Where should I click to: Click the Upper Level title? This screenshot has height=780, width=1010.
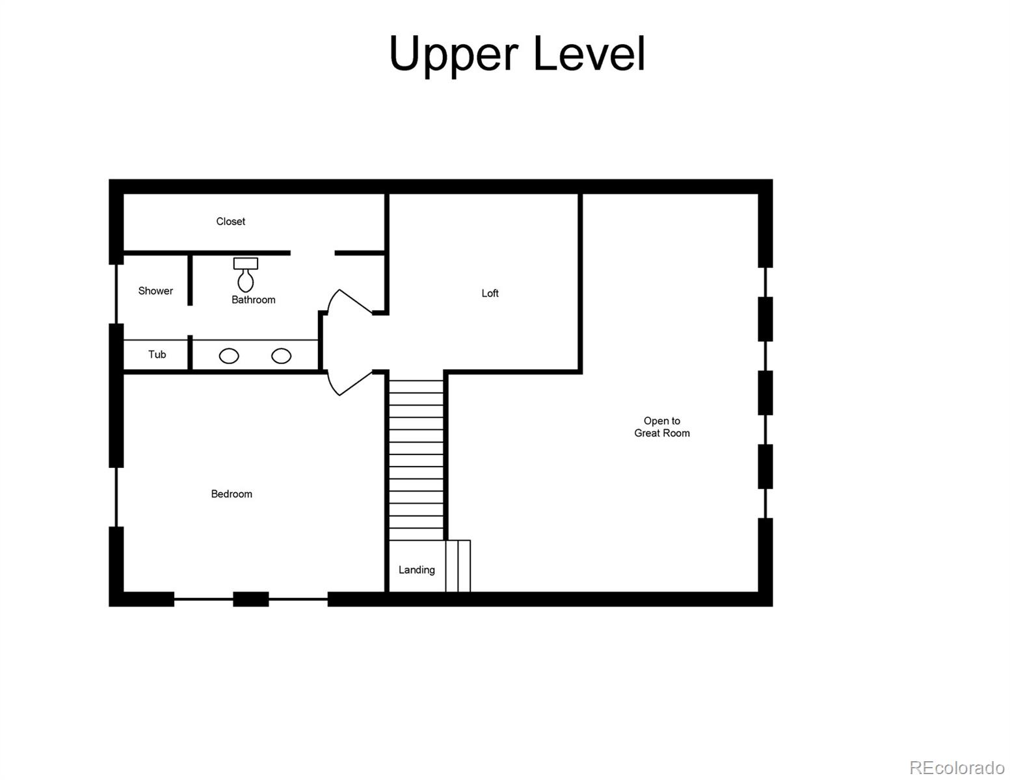[517, 53]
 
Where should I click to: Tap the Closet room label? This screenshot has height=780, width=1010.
[230, 222]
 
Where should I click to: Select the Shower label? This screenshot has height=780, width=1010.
[155, 291]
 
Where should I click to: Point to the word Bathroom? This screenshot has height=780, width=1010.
[253, 300]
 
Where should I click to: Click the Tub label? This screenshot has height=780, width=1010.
[157, 354]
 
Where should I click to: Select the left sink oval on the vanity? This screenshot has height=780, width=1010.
[229, 356]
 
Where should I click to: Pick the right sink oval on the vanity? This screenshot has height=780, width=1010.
[281, 356]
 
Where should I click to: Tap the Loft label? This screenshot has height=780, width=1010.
[490, 293]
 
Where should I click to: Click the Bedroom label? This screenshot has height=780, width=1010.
[232, 494]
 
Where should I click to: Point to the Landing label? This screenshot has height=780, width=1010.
[416, 570]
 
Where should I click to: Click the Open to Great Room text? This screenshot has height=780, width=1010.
[661, 427]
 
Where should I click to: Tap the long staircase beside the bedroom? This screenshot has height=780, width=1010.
[416, 455]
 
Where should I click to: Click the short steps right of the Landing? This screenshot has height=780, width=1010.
[458, 565]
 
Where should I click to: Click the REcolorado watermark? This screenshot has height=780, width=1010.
[957, 768]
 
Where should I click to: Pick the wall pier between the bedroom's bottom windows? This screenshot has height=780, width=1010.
[250, 599]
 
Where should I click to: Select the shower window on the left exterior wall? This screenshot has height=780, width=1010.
[116, 294]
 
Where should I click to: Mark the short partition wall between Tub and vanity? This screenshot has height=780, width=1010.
[190, 352]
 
